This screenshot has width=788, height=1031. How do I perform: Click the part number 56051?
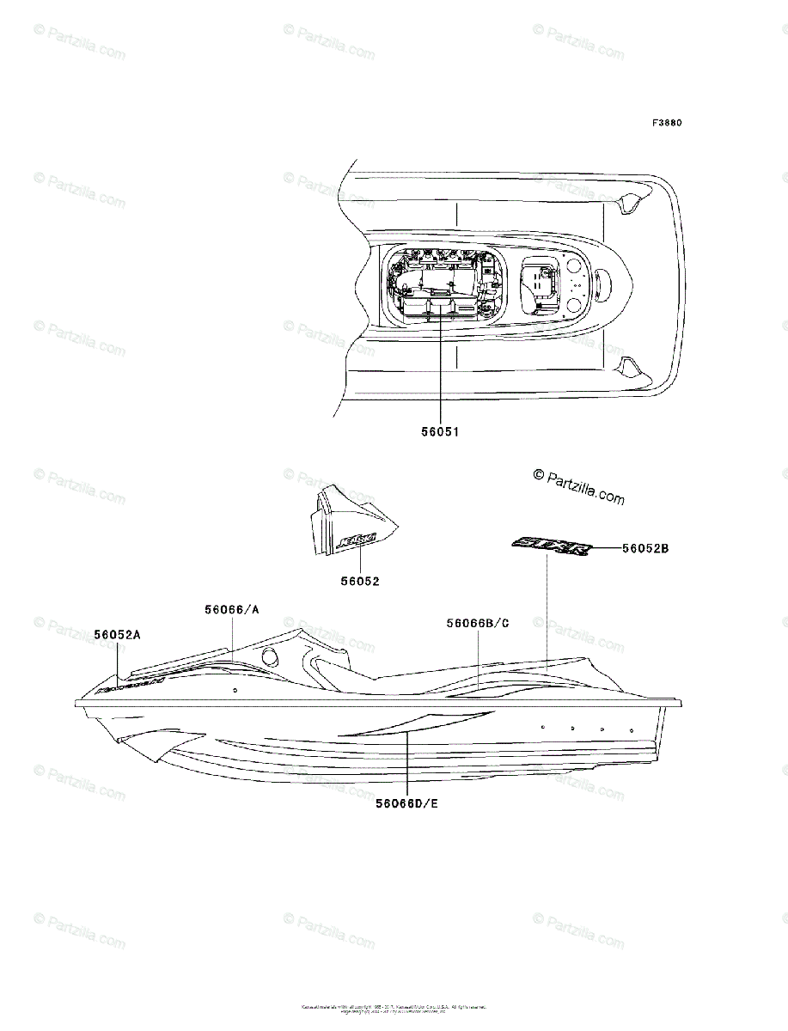[439, 432]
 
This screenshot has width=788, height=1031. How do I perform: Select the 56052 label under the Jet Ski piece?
[359, 581]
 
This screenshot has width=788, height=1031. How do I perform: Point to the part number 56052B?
[644, 547]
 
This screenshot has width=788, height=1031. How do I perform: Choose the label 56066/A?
[232, 609]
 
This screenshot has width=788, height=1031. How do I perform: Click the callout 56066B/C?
[477, 623]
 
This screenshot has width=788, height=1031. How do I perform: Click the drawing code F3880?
[666, 123]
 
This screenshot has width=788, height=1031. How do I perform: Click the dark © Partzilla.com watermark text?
[578, 486]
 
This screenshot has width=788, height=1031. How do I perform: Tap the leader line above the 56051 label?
[439, 361]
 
